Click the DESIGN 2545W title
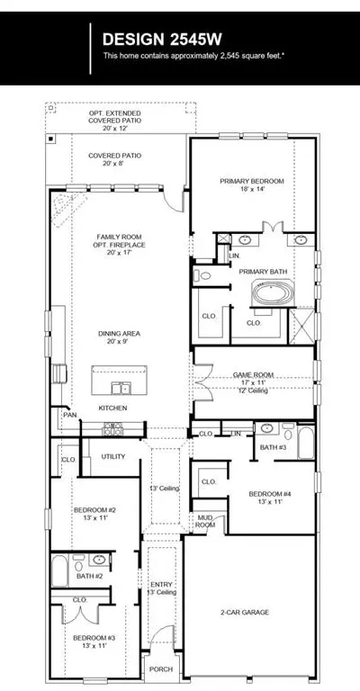click(x=162, y=40)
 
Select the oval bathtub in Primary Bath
click(x=273, y=292)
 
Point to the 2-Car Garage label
click(x=245, y=612)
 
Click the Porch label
click(x=161, y=669)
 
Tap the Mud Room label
click(x=206, y=521)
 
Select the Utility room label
click(x=113, y=456)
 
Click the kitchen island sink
click(x=120, y=388)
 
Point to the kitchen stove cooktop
click(x=112, y=429)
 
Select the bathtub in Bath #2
click(x=60, y=570)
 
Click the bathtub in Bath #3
click(x=306, y=442)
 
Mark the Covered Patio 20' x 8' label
click(x=114, y=159)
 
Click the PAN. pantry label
click(x=69, y=415)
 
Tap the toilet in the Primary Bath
click(x=202, y=276)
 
